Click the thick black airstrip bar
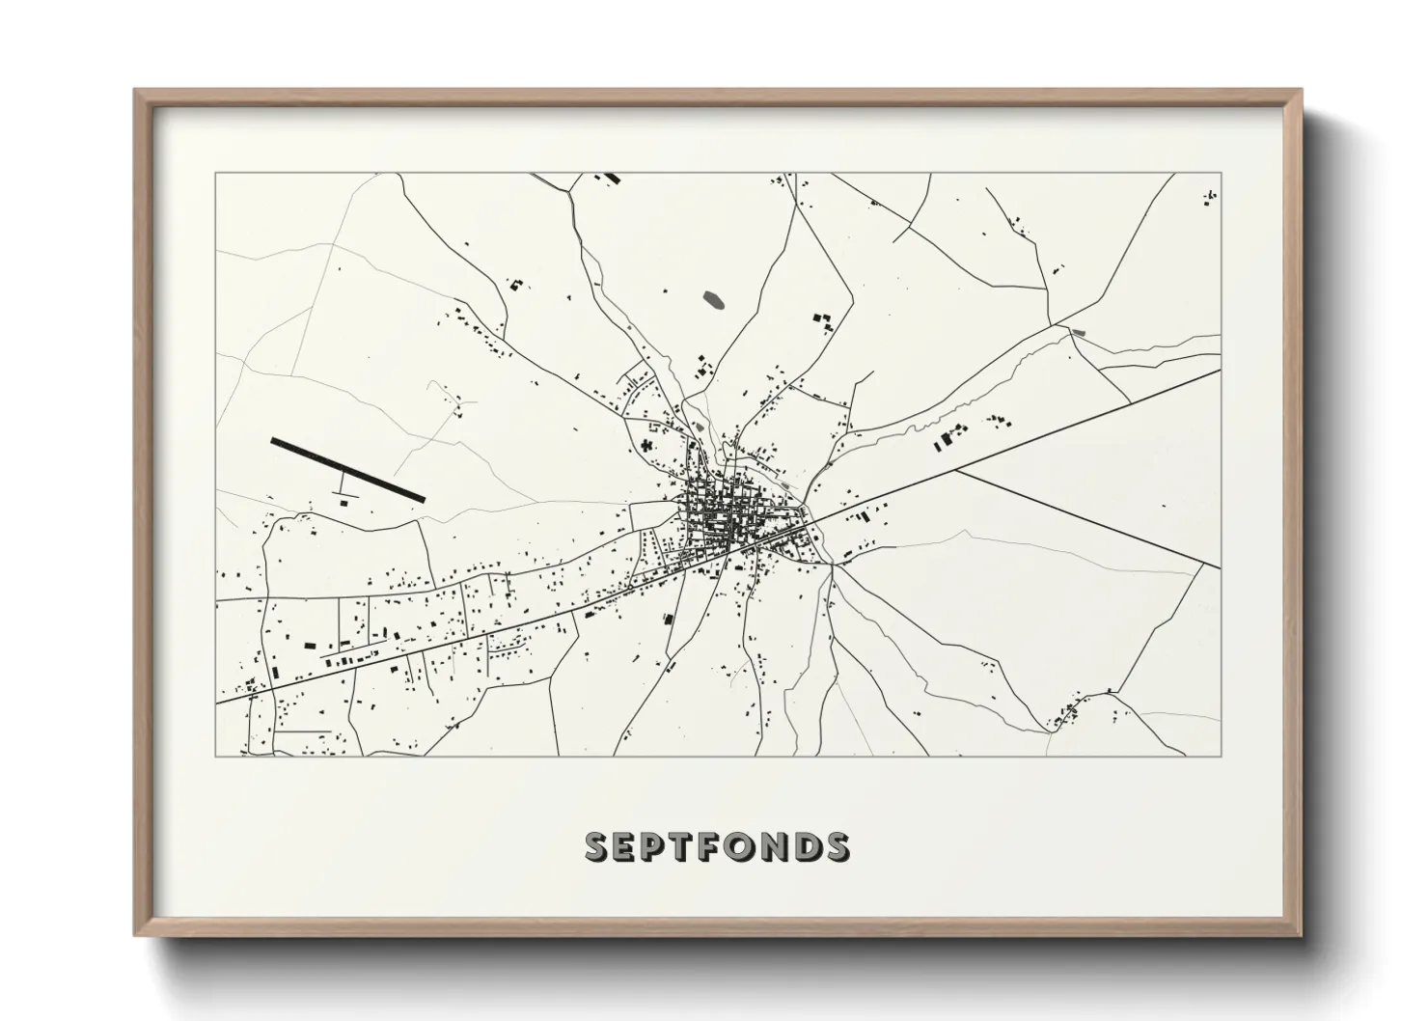point(347,469)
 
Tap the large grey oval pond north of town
point(715,300)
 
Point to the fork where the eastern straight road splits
point(955,472)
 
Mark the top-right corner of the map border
point(1221,174)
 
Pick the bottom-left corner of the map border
point(215,756)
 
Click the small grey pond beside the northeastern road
point(1077,332)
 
